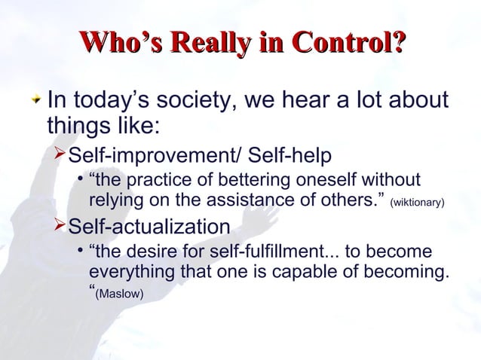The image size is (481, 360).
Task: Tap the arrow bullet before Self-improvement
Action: tap(60, 155)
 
